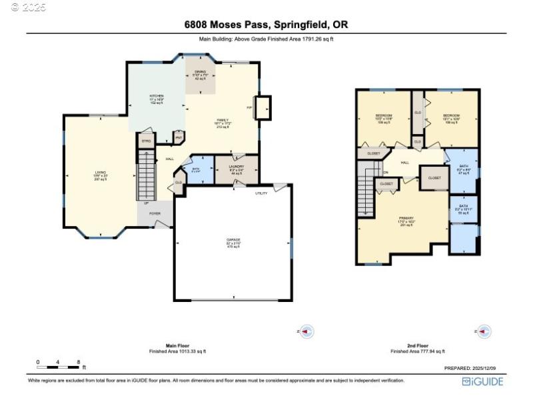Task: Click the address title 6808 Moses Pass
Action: tap(266, 25)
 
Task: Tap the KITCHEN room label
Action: tap(156, 96)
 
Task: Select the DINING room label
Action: tap(201, 72)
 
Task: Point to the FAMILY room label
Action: tap(222, 120)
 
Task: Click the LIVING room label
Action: tap(100, 173)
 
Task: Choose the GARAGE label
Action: tap(233, 239)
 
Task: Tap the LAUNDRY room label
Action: tap(237, 166)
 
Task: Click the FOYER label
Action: tap(155, 213)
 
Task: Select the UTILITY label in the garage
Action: tap(261, 193)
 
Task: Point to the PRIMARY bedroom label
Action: tap(406, 218)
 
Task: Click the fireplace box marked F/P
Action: tap(263, 107)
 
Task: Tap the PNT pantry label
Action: tap(179, 138)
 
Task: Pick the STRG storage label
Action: tap(146, 141)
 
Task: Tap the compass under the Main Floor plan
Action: tap(306, 331)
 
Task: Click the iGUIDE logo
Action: tap(482, 381)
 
